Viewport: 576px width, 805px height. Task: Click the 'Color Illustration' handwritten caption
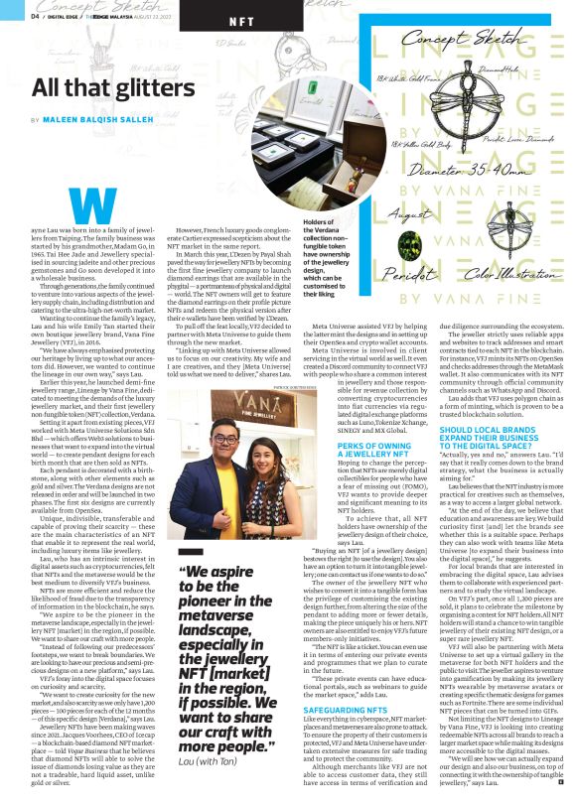504,272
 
